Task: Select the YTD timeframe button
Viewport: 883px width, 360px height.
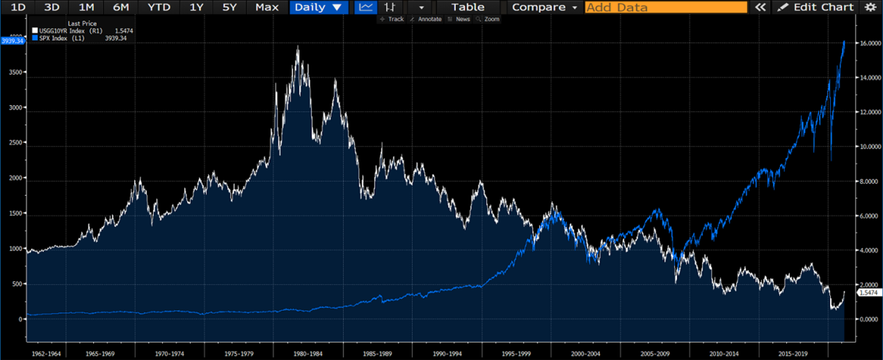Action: point(159,7)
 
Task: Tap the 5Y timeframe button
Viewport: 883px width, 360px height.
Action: point(229,7)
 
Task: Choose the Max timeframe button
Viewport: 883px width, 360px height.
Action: point(267,7)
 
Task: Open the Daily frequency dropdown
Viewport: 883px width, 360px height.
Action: point(318,7)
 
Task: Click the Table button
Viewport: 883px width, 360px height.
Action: point(468,7)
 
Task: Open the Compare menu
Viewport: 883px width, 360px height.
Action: point(545,7)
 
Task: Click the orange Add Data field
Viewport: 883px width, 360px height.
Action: point(665,7)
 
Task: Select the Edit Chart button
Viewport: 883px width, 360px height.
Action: point(815,7)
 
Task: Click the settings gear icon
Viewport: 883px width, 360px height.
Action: point(870,7)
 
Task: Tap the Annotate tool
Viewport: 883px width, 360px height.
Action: point(426,19)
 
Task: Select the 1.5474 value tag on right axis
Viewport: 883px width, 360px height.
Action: point(869,292)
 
